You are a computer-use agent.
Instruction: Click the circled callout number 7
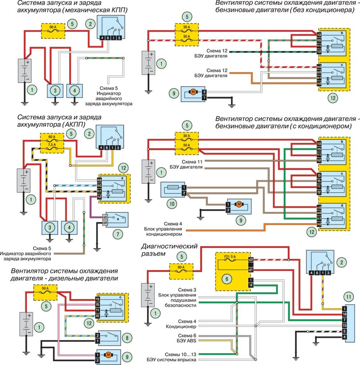click(x=118, y=234)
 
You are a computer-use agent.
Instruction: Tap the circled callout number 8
click(x=127, y=338)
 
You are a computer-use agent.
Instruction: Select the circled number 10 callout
click(x=172, y=204)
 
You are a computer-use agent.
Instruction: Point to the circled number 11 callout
click(x=349, y=297)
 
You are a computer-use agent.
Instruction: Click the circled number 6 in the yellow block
click(x=227, y=279)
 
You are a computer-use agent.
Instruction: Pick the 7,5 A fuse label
click(x=52, y=145)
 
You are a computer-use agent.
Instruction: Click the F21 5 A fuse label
click(x=230, y=257)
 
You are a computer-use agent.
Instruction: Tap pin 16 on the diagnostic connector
click(x=344, y=314)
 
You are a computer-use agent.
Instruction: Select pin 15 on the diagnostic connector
click(x=344, y=325)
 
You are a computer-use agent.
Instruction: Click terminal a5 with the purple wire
click(x=105, y=217)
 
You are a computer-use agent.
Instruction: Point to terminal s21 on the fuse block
click(x=251, y=270)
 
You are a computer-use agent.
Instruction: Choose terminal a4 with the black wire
click(x=105, y=223)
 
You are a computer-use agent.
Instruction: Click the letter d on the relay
click(x=342, y=206)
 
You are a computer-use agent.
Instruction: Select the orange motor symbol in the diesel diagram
click(x=108, y=355)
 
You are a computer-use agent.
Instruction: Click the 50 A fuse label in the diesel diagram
click(x=45, y=288)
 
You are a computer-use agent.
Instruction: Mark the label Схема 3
click(x=187, y=290)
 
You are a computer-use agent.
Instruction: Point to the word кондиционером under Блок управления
click(x=164, y=234)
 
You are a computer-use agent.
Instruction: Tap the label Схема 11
click(x=192, y=162)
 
